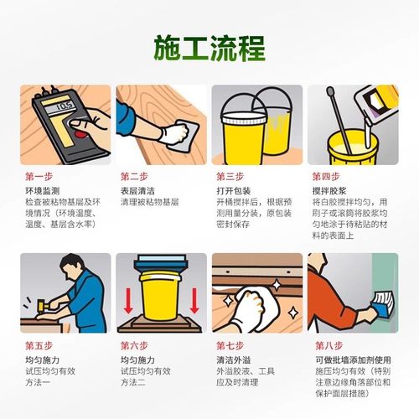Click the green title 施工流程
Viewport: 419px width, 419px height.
coord(209,49)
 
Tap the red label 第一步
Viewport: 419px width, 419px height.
coord(39,178)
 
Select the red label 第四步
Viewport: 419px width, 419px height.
coord(324,177)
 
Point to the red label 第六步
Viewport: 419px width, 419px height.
coord(134,345)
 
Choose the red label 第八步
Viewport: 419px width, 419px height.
coord(328,345)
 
